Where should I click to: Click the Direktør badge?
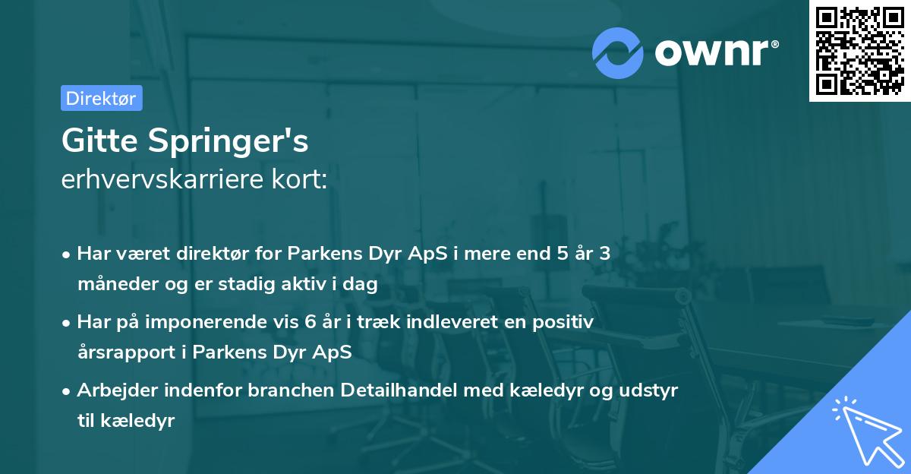[x=101, y=98]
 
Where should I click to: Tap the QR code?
[x=859, y=50]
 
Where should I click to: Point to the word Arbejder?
[x=109, y=390]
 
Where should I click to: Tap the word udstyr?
[x=651, y=390]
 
